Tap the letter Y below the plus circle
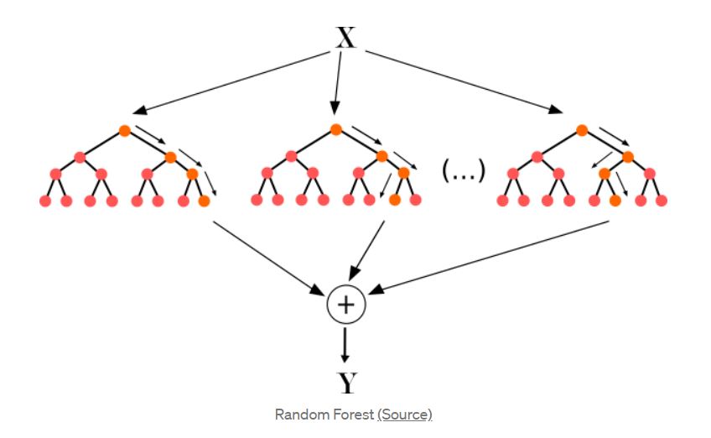[346, 383]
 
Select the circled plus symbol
[345, 305]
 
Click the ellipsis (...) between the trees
[463, 174]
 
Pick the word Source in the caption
[405, 415]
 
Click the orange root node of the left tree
[124, 130]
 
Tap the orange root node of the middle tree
[335, 130]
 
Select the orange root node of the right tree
[582, 130]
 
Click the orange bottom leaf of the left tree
[204, 201]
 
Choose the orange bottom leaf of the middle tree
[395, 201]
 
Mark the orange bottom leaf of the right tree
[615, 201]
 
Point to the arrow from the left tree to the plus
[268, 258]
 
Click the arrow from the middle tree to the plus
[366, 252]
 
